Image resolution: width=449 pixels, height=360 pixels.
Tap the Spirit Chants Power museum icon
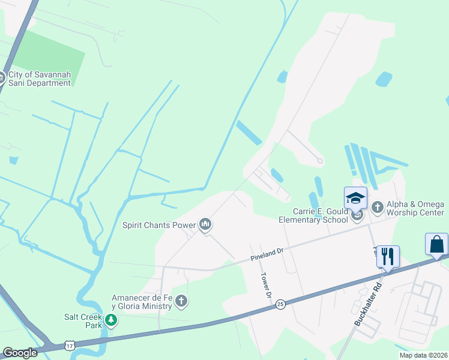tap(206, 225)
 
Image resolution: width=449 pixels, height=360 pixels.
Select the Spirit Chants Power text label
tap(159, 226)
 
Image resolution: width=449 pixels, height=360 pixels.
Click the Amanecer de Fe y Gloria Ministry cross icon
tap(181, 301)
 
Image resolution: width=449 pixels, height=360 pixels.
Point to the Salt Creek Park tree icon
tap(110, 321)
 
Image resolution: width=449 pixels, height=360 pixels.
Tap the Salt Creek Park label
tap(83, 321)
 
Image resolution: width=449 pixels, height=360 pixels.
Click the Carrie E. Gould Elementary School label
tap(313, 215)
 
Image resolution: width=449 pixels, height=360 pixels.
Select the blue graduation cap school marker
tap(355, 198)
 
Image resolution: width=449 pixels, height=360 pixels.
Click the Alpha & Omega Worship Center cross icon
tap(377, 208)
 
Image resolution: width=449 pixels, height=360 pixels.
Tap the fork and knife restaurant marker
tap(388, 257)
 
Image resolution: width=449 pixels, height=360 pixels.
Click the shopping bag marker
tap(436, 244)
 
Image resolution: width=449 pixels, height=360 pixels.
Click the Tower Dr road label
tap(265, 286)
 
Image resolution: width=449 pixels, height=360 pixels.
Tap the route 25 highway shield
tap(280, 305)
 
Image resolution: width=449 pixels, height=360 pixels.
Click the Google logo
tap(20, 353)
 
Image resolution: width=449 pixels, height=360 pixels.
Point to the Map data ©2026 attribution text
tap(423, 355)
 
